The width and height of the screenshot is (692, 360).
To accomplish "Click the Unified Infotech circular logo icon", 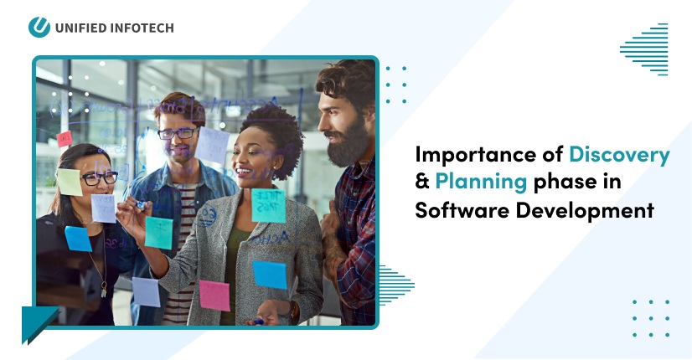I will click(x=39, y=27).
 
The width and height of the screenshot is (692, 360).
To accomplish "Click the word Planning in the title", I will click(x=480, y=182).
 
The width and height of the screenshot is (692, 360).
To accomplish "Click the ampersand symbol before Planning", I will click(x=423, y=182).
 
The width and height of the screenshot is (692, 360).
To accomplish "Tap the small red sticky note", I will click(x=64, y=139).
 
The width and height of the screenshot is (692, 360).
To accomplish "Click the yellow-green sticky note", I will click(x=70, y=183).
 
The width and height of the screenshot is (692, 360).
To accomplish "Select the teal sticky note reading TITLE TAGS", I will click(x=269, y=205).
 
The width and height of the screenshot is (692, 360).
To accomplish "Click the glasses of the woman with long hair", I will click(x=99, y=177).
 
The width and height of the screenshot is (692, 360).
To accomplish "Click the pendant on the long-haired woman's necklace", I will click(x=104, y=290).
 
